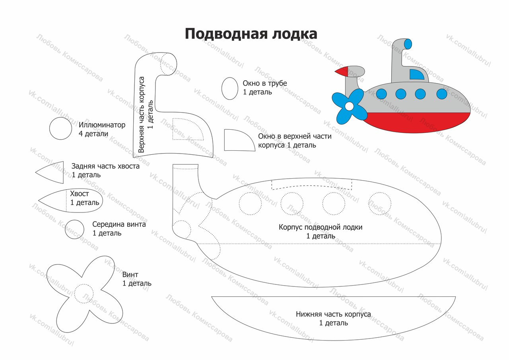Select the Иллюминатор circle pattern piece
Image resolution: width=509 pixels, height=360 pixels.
point(61,128)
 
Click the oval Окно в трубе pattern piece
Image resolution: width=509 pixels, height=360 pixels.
point(229,88)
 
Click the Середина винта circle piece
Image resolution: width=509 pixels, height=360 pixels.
point(75,230)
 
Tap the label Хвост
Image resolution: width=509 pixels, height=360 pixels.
point(80,194)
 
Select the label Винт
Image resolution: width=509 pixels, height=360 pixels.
point(130,274)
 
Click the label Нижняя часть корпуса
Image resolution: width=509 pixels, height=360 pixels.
point(333,314)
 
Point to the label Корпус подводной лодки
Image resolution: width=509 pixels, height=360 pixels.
point(321,227)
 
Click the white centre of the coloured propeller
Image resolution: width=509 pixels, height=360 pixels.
point(349,106)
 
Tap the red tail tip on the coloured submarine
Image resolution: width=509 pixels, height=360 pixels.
point(342,72)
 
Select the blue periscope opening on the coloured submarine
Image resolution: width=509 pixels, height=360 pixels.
point(408,44)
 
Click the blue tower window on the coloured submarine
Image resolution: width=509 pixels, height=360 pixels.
point(417,74)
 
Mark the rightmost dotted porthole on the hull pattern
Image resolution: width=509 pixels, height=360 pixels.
point(379,203)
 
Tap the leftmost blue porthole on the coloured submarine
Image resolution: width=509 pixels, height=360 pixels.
point(381,94)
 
